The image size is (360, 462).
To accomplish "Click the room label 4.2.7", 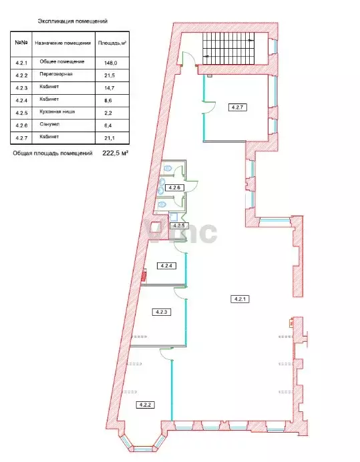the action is [x=238, y=107].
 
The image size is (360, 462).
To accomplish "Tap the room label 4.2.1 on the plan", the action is [x=240, y=299].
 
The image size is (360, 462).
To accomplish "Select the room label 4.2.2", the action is [x=145, y=405].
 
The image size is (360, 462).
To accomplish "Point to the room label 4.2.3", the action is [x=162, y=312].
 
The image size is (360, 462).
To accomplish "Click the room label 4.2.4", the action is [x=167, y=266].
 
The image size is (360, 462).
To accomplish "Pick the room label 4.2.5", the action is [x=179, y=226].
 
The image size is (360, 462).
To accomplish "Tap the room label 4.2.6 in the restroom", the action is [x=174, y=188].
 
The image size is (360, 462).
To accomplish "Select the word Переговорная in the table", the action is [x=56, y=74].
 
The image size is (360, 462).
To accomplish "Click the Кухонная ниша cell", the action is [x=57, y=111].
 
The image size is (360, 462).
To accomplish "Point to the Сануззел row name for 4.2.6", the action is [x=49, y=124].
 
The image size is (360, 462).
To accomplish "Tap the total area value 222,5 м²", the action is [x=115, y=153].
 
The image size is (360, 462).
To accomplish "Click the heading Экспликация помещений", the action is [x=73, y=21].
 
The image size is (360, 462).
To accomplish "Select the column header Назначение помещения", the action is [x=63, y=43].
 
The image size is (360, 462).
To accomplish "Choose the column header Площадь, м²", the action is [x=112, y=43].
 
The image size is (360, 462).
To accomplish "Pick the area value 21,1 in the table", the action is [x=110, y=138].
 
